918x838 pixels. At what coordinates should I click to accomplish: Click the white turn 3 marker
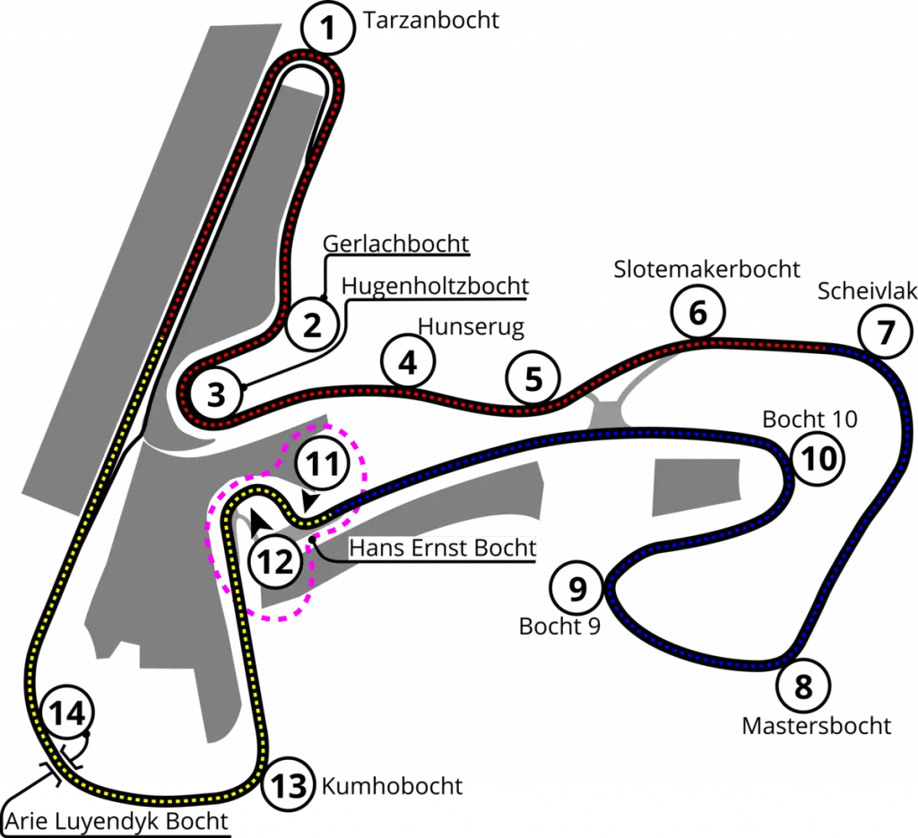(x=216, y=394)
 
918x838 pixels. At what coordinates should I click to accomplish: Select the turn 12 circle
(x=274, y=562)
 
